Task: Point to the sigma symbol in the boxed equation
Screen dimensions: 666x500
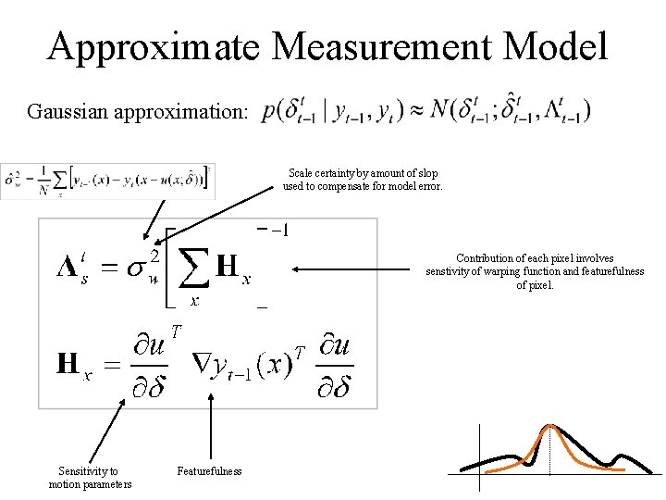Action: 134,269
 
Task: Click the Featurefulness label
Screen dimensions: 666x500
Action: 209,471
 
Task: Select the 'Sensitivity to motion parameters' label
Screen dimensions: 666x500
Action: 90,478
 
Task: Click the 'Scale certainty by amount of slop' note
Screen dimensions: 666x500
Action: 363,180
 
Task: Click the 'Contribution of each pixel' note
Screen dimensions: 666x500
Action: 535,271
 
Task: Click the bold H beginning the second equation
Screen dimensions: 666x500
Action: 67,363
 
